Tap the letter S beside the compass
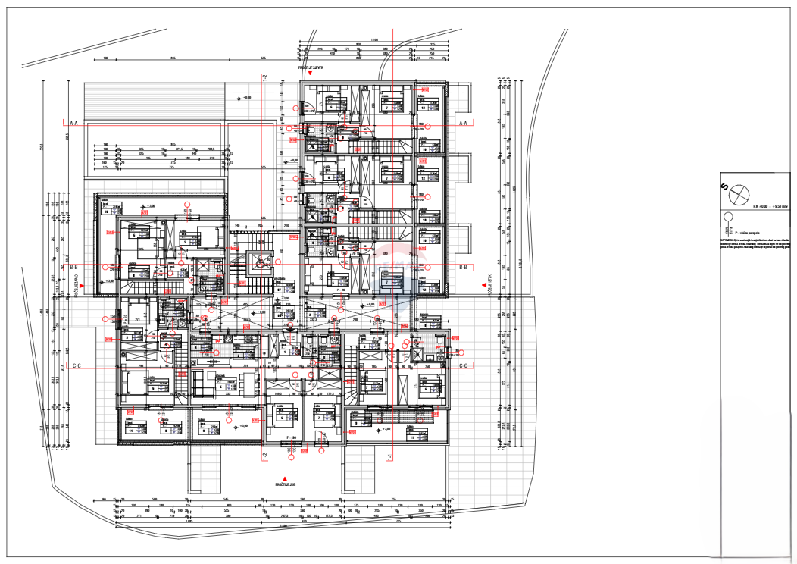coord(724,186)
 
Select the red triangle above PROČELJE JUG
coord(284,478)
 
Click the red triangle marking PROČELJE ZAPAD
coord(82,284)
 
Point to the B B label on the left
coord(73,267)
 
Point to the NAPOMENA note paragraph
coord(758,244)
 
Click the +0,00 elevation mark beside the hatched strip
coord(244,98)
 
